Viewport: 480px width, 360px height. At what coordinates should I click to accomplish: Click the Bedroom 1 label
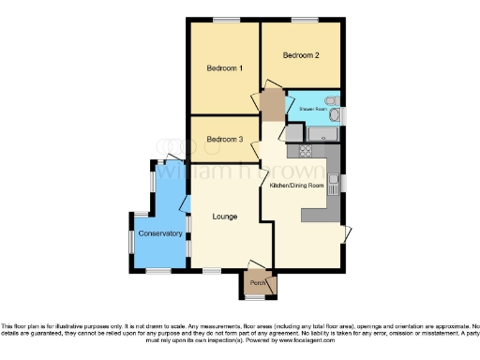225,68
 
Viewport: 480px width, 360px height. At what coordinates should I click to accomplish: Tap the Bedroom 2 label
302,55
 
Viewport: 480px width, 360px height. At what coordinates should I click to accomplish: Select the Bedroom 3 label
225,140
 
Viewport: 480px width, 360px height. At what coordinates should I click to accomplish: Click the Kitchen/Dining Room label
296,186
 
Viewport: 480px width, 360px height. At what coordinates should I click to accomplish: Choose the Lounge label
224,217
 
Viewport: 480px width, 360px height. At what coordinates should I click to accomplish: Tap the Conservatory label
160,232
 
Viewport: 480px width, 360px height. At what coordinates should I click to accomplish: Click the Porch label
256,283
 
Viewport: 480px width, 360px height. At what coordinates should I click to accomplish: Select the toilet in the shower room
329,102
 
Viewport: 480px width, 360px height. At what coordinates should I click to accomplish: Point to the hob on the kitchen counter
307,151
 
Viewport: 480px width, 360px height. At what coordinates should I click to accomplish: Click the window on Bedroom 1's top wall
225,20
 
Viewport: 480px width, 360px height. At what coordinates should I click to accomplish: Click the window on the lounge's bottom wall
213,271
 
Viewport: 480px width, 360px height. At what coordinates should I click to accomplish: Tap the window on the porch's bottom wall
256,298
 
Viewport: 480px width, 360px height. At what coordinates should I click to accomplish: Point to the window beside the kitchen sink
344,180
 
